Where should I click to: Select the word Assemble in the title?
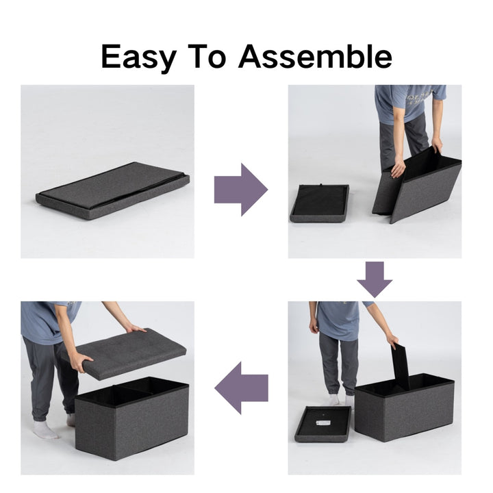315,56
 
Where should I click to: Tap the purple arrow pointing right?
241,190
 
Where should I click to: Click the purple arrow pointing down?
375,279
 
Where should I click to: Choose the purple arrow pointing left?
241,388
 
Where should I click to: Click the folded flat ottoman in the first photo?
112,191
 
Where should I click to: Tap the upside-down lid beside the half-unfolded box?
319,203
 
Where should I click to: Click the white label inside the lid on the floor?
322,423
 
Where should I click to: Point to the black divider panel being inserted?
401,366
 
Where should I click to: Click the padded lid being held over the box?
125,354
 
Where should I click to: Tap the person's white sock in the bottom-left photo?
46,430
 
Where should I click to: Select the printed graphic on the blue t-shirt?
420,97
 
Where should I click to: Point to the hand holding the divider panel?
393,341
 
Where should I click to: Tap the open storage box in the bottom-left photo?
131,418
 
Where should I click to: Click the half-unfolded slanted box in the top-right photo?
417,185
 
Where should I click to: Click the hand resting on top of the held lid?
136,329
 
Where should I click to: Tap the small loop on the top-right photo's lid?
321,185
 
